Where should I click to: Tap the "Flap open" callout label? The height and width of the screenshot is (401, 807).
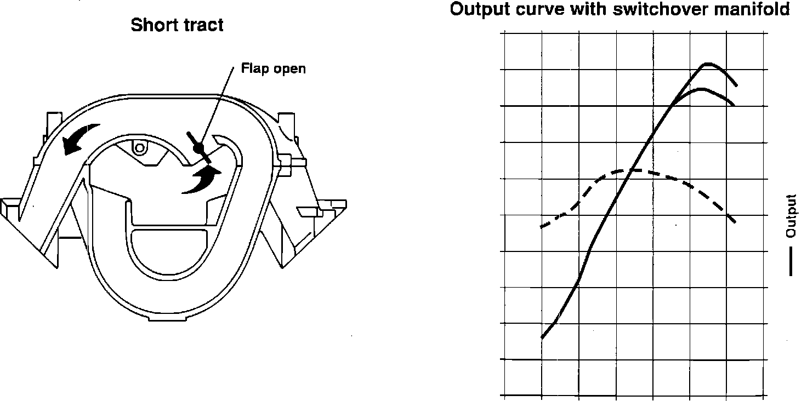pos(273,69)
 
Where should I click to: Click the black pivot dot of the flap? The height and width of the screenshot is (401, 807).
pos(198,147)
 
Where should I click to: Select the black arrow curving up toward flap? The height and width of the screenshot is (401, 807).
pos(202,180)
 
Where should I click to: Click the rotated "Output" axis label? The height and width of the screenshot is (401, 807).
pos(791,216)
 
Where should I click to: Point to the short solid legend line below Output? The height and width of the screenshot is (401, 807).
pos(791,262)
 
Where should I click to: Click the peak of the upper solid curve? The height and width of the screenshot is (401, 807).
pos(708,64)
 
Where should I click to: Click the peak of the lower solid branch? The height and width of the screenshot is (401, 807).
pos(700,89)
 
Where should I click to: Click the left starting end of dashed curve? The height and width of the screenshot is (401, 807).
pos(542,226)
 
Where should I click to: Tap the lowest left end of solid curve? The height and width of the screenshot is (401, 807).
pos(542,338)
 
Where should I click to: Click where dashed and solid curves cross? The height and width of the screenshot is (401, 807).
pos(633,170)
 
